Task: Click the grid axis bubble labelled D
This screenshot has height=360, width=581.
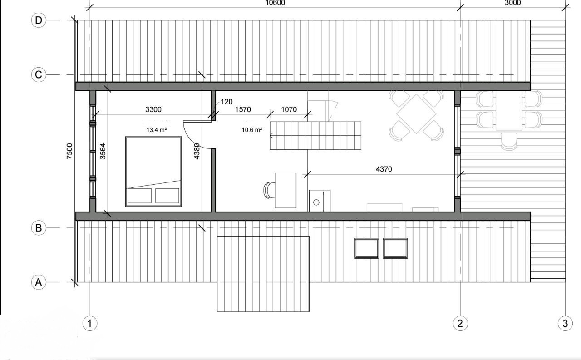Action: [39, 20]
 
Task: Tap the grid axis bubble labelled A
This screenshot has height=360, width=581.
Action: [39, 282]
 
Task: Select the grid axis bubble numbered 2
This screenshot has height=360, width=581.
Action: [460, 323]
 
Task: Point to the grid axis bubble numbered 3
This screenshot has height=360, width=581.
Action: [565, 323]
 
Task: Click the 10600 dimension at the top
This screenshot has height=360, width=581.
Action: [275, 3]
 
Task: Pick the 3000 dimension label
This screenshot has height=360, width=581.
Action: [513, 3]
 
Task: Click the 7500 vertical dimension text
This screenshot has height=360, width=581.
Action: [69, 151]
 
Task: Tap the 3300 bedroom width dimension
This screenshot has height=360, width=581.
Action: [153, 109]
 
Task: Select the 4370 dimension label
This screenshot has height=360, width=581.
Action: [384, 169]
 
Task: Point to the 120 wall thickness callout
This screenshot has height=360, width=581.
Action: [226, 102]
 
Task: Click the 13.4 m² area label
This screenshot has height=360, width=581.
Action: [157, 130]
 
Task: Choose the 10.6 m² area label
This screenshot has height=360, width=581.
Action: [252, 130]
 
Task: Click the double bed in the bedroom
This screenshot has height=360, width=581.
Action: [153, 172]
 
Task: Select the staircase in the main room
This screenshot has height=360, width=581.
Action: [315, 136]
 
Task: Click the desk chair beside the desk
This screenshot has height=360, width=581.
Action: [269, 190]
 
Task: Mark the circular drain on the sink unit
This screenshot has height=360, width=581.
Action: [316, 202]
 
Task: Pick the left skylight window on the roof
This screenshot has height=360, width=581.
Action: [366, 248]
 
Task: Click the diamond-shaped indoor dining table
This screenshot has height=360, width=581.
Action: [416, 114]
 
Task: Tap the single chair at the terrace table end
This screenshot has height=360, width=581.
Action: [509, 142]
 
